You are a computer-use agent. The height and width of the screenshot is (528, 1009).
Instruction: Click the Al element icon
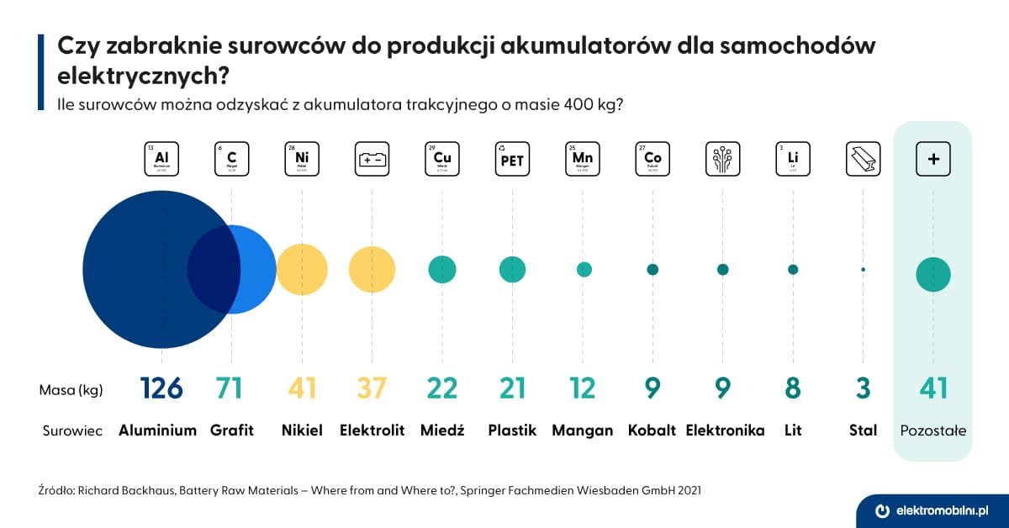[161, 158]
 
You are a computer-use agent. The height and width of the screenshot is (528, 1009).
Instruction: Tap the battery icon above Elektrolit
[372, 158]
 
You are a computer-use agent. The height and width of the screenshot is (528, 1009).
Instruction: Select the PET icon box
[512, 158]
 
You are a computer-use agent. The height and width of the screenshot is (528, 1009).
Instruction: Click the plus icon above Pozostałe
[932, 158]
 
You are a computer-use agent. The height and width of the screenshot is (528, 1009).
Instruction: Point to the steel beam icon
[863, 158]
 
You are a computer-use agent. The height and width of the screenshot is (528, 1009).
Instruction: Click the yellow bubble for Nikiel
[302, 270]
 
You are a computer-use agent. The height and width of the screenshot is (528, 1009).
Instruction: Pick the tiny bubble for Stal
[863, 270]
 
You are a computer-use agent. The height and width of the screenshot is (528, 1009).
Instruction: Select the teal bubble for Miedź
[442, 270]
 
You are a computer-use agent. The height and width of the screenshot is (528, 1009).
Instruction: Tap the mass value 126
[161, 388]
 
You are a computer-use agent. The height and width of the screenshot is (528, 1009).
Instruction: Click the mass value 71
[229, 388]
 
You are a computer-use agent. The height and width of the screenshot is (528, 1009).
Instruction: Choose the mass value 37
[372, 388]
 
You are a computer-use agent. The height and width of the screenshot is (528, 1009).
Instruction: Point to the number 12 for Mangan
[583, 388]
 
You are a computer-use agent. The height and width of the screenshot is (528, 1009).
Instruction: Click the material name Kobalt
[652, 430]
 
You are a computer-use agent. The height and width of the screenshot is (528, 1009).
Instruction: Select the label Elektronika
[725, 430]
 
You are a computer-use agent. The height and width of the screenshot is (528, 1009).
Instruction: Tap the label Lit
[792, 430]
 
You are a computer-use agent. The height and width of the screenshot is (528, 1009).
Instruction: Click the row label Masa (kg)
[71, 390]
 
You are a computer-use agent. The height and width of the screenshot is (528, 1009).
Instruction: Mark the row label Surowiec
[72, 431]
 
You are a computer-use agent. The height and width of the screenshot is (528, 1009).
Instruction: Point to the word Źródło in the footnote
[55, 488]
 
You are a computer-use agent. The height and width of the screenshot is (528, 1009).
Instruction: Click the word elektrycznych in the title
[139, 76]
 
